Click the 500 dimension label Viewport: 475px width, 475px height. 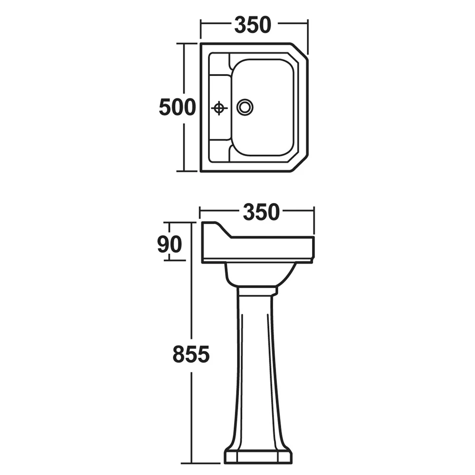[178, 107]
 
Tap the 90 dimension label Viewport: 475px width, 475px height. [170, 244]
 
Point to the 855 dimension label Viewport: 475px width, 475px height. [191, 354]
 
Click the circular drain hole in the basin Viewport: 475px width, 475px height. [245, 107]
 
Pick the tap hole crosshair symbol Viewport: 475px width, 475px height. [219, 107]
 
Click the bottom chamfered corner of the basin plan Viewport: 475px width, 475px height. [300, 163]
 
